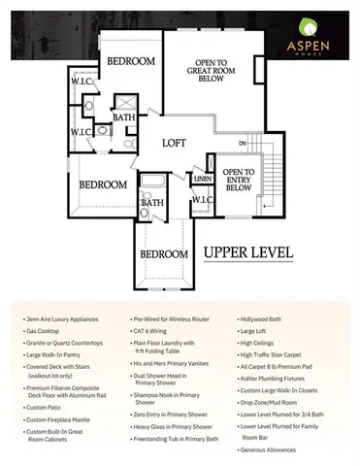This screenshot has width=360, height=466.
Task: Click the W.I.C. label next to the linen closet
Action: (202, 201)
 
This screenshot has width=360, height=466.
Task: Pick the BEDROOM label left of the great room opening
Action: (131, 61)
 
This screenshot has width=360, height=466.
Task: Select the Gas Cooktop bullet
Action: (47, 332)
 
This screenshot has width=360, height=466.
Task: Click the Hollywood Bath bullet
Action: (267, 318)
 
